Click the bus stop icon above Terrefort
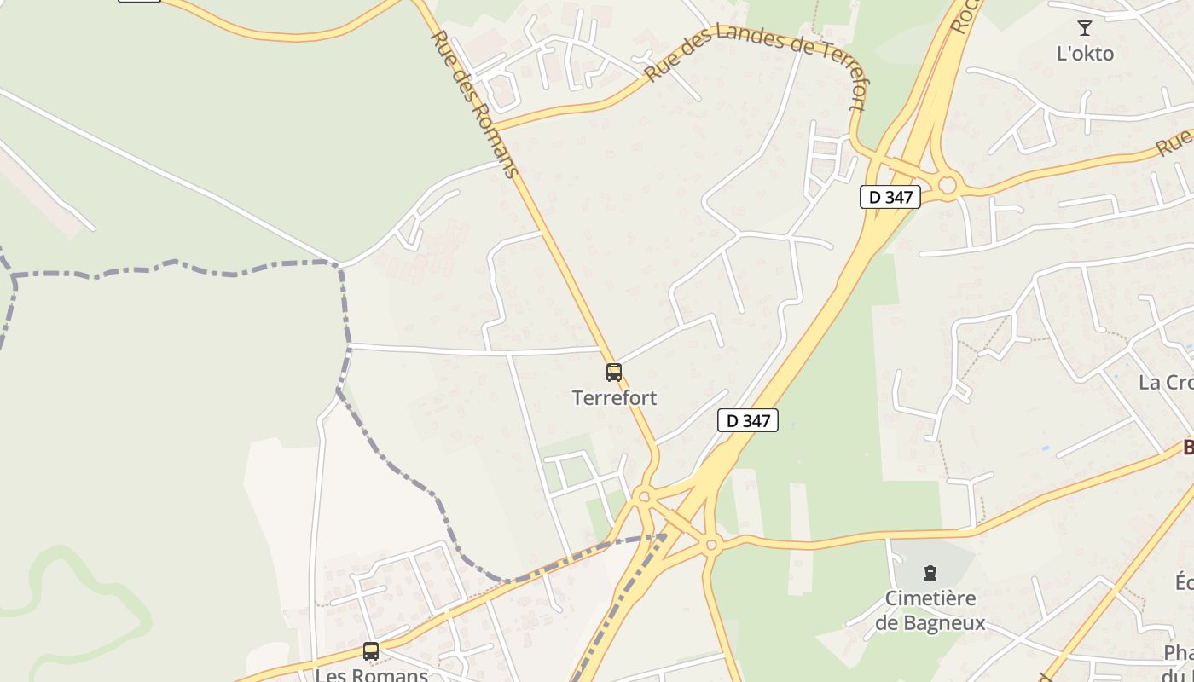614,373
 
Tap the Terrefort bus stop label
615,398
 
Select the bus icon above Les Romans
371,651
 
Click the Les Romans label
372,674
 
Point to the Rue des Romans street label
475,104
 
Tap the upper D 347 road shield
890,197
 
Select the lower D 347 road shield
748,420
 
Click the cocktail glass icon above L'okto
1085,29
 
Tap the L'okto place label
1085,54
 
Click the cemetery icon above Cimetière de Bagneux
930,573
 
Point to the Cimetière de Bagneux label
930,610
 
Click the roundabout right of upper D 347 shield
947,185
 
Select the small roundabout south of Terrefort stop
644,496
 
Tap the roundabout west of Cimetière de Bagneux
712,544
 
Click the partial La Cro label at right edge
1165,382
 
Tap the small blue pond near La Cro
1046,448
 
